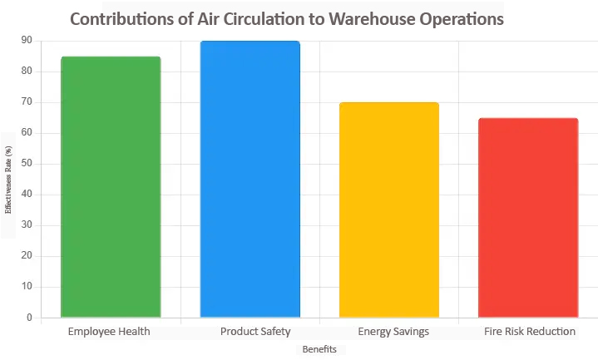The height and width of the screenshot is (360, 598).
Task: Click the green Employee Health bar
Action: [x=111, y=187]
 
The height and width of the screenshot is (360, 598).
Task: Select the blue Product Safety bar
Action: [x=250, y=180]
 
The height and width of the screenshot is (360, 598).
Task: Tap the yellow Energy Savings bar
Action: [x=389, y=210]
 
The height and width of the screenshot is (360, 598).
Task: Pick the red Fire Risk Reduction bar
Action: [x=528, y=218]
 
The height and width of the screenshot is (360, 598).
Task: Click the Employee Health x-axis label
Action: [x=111, y=332]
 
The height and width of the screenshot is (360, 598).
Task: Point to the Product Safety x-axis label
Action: [x=255, y=332]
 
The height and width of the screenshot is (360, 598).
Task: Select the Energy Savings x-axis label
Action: [x=393, y=332]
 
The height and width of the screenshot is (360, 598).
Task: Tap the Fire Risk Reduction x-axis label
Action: [x=530, y=332]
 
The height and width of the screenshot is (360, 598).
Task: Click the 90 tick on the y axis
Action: [x=27, y=41]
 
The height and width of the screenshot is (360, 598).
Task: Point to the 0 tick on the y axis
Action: [x=29, y=318]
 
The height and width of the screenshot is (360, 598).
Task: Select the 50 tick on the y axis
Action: [x=27, y=164]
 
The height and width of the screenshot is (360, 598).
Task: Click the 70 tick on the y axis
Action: [x=27, y=102]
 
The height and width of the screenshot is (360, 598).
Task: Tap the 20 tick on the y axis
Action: [x=27, y=256]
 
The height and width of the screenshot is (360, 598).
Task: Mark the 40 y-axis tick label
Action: [x=27, y=195]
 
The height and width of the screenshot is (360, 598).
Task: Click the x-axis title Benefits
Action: [x=319, y=350]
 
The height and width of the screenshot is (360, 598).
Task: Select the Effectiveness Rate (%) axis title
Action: [x=9, y=180]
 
